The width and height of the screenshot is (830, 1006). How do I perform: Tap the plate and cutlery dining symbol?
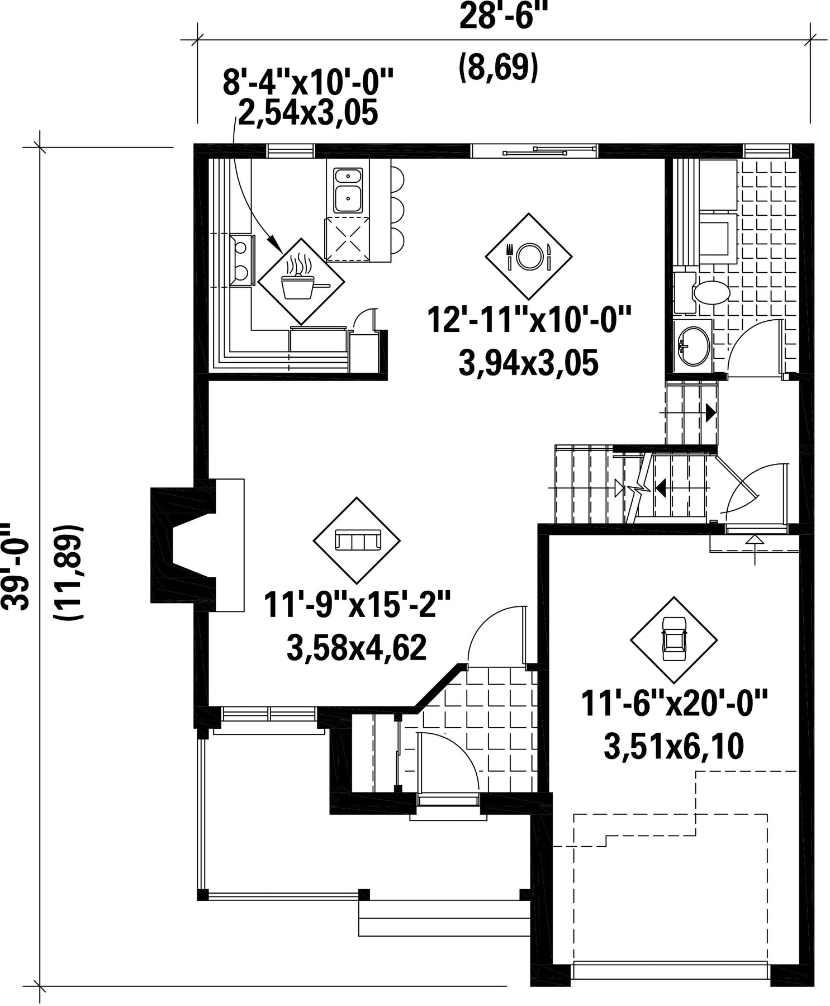pyautogui.click(x=529, y=256)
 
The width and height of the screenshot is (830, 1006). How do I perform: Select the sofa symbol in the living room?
pyautogui.click(x=357, y=540)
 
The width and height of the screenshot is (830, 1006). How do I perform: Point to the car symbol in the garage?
pyautogui.click(x=674, y=639)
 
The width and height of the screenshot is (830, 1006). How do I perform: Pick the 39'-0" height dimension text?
pyautogui.click(x=15, y=566)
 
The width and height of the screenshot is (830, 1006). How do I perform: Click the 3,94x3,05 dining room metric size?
pyautogui.click(x=528, y=363)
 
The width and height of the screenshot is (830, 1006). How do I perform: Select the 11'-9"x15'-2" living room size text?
pyautogui.click(x=357, y=606)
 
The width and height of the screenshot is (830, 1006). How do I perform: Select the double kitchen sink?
pyautogui.click(x=348, y=190)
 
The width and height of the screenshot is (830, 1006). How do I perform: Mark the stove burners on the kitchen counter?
pyautogui.click(x=242, y=260)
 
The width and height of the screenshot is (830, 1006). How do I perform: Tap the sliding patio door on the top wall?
pyautogui.click(x=534, y=150)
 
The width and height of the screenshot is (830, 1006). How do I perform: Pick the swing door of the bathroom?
pyautogui.click(x=755, y=347)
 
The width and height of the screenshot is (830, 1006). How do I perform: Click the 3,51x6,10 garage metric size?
pyautogui.click(x=674, y=747)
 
